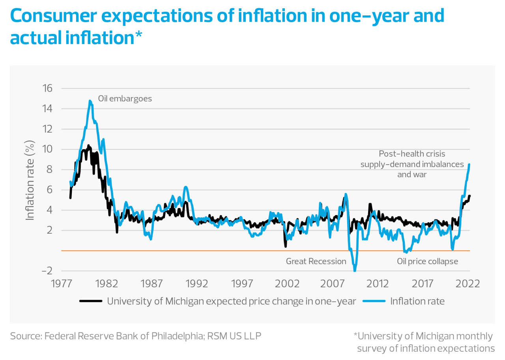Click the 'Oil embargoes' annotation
click(x=125, y=99)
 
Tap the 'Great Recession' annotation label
click(x=316, y=261)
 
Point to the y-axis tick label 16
click(x=47, y=88)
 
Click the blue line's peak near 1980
click(x=90, y=101)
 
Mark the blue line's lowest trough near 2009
click(x=355, y=270)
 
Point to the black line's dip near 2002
click(x=285, y=246)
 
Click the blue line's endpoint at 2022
click(x=469, y=164)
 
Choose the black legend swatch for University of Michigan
click(x=91, y=301)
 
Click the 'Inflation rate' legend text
click(x=417, y=301)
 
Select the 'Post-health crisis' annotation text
click(x=412, y=154)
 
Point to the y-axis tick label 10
click(x=47, y=149)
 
